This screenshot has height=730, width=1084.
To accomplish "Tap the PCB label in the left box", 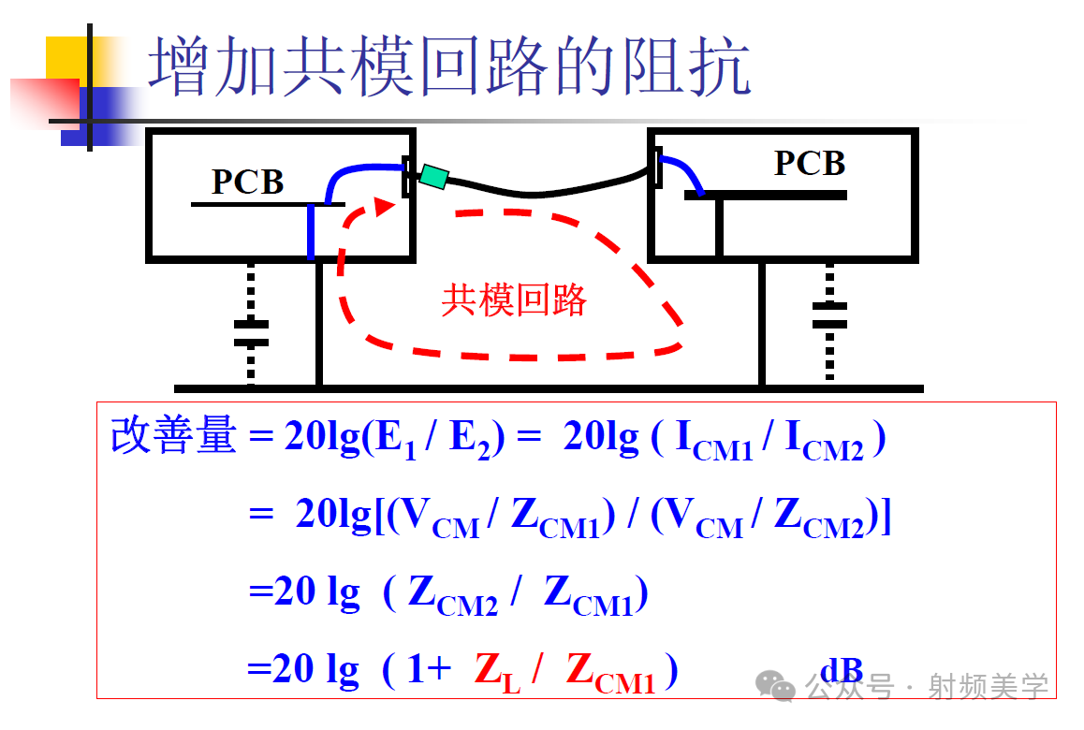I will (247, 182).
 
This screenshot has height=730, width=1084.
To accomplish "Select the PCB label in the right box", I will (810, 164).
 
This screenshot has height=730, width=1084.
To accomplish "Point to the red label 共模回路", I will (513, 300).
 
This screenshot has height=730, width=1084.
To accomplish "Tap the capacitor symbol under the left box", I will (250, 333).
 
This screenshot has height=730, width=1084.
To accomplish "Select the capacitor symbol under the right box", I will (829, 315).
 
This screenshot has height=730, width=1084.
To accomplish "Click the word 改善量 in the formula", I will (173, 436).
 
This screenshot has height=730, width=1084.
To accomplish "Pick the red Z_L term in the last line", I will (497, 672).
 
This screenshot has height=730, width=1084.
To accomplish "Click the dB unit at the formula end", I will (841, 670).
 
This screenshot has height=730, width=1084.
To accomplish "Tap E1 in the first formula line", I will (394, 439).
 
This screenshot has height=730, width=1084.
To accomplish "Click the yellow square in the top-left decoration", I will (66, 58).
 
